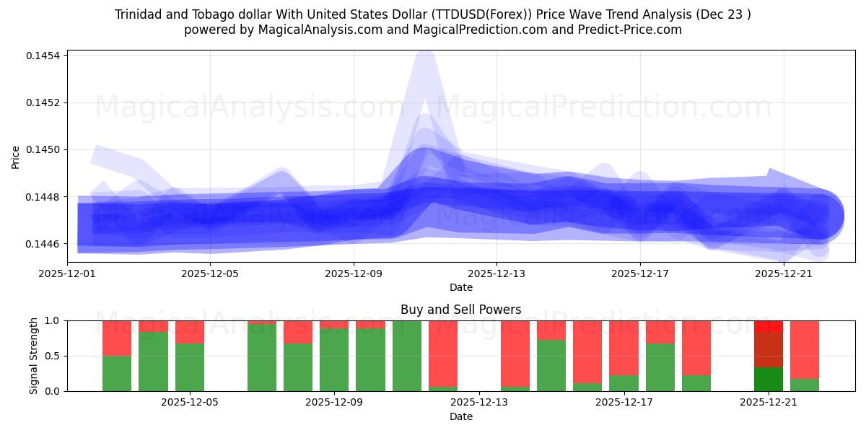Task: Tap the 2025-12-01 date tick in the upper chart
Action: (67, 274)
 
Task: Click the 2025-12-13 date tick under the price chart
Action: (497, 274)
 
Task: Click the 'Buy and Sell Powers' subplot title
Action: (460, 310)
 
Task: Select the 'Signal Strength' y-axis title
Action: (34, 355)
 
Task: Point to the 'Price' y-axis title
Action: (16, 157)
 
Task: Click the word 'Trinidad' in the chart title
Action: (139, 14)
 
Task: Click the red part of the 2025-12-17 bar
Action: (624, 346)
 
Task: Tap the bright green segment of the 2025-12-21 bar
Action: (769, 379)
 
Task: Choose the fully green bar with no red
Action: (407, 355)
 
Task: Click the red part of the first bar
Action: (117, 338)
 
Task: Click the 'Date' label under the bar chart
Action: (460, 416)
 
